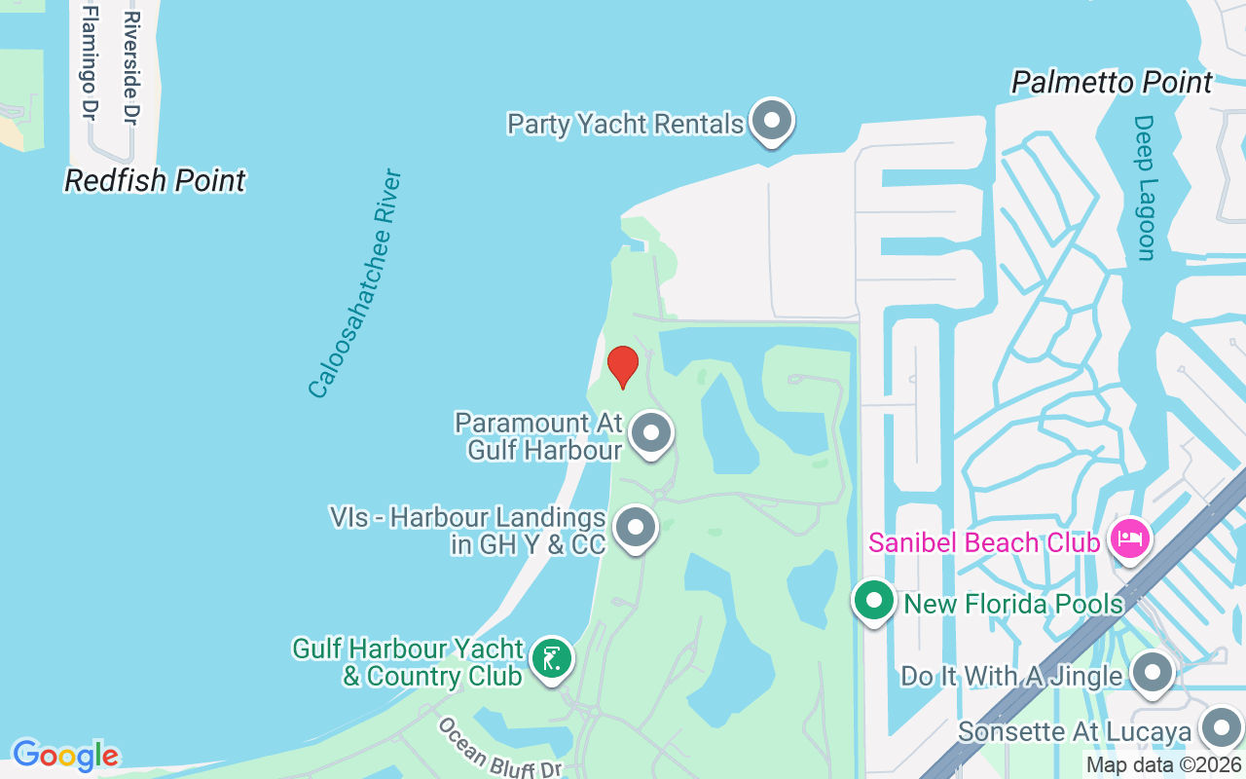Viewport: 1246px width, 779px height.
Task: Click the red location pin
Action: [x=623, y=366]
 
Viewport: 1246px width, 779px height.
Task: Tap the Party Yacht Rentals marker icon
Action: [x=773, y=122]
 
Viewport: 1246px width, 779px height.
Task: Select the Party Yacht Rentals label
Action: [x=625, y=125]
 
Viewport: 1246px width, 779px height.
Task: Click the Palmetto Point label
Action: [x=1112, y=83]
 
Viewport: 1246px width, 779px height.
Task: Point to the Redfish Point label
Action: [x=155, y=180]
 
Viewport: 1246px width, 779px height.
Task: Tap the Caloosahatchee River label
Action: [x=354, y=283]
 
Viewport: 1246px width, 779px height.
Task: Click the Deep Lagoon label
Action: [x=1145, y=188]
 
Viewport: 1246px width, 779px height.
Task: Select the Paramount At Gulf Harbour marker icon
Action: [x=651, y=433]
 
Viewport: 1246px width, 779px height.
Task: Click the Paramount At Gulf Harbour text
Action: [x=538, y=436]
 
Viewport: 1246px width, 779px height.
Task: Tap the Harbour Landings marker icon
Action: [x=637, y=528]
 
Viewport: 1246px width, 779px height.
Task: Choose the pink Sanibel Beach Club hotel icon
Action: [x=1130, y=538]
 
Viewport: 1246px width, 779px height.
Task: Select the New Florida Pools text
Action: [x=1013, y=604]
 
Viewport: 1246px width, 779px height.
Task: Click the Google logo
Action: [x=65, y=755]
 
